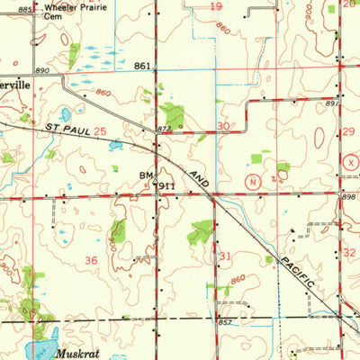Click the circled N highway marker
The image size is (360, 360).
tap(255, 180)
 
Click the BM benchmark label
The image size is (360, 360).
tap(146, 175)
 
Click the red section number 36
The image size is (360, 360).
tap(91, 260)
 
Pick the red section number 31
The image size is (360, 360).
tap(225, 256)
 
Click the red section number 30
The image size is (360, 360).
tap(223, 127)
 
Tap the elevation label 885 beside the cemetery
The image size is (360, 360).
tap(24, 9)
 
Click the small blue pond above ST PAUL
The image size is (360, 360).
tap(66, 114)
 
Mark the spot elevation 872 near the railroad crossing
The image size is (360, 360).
tap(164, 131)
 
